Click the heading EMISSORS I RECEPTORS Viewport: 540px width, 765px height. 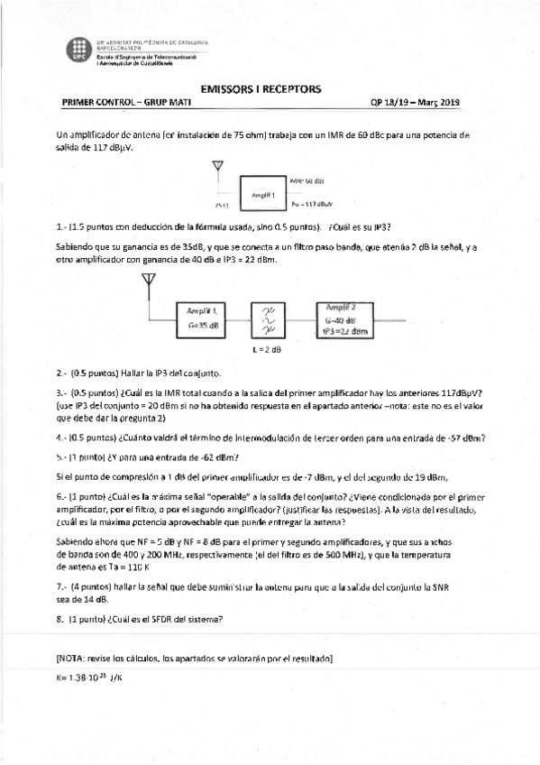point(260,89)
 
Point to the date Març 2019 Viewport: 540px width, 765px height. point(437,103)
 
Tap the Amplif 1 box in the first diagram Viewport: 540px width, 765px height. point(263,193)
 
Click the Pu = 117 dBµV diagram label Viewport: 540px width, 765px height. point(314,204)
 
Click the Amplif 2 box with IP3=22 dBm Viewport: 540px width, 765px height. point(347,318)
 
